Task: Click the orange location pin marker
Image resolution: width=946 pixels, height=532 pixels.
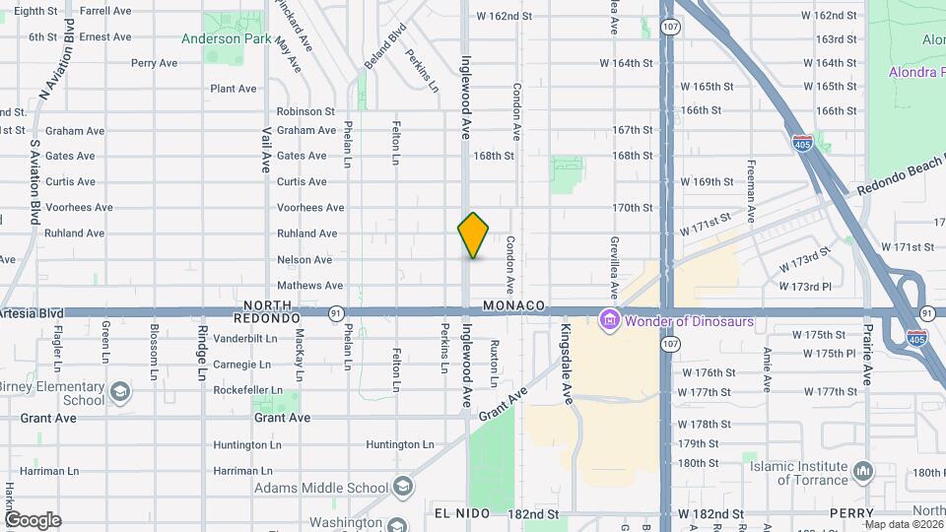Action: (x=474, y=234)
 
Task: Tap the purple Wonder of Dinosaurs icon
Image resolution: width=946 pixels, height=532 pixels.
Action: (x=609, y=320)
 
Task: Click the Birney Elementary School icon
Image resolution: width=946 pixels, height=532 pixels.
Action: (x=120, y=392)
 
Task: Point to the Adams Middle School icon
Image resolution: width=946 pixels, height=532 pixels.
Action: (x=402, y=487)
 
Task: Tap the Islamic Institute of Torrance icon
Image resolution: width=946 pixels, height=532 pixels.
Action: (x=863, y=472)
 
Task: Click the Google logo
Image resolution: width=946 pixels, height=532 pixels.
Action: (x=33, y=520)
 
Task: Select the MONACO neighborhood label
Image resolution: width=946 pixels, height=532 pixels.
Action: (x=514, y=307)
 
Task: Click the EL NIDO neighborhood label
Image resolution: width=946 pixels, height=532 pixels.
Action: (x=459, y=514)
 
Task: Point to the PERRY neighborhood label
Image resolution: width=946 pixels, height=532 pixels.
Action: (x=852, y=514)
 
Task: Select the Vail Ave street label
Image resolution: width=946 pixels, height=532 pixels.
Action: (x=266, y=149)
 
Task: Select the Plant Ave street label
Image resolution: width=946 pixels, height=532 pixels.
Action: (x=233, y=89)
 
